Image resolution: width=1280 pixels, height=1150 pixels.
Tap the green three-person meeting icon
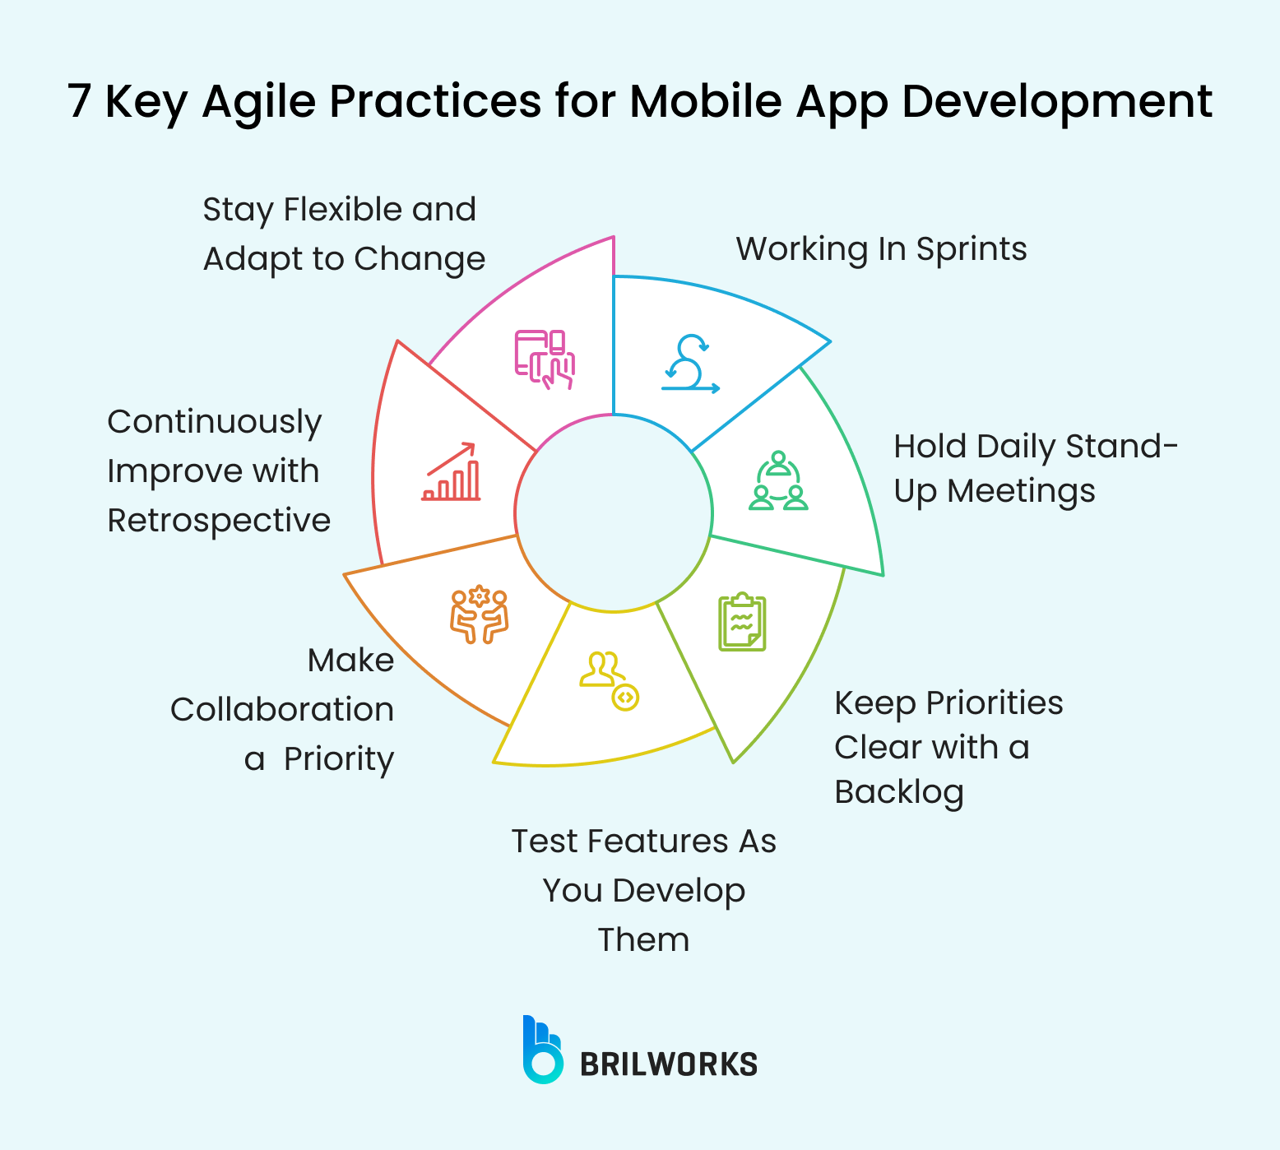coord(778,482)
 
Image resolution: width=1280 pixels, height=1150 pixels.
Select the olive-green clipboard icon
coord(742,622)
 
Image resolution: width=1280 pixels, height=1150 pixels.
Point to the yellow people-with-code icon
coord(609,680)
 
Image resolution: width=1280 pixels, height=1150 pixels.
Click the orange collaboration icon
coord(479,614)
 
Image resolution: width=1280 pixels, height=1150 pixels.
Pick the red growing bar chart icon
coord(452,472)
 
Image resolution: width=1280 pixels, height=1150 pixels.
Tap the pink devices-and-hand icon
coord(545,359)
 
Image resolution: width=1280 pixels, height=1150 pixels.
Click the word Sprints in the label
coord(972,249)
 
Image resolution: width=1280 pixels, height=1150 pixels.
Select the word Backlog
coord(898,792)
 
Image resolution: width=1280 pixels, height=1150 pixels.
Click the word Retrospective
coord(219,521)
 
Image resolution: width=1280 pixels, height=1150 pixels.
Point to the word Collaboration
coord(282,710)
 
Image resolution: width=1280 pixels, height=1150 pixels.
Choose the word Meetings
coord(1021,491)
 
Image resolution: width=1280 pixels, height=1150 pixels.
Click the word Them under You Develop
coord(643,940)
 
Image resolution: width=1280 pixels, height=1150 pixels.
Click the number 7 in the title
coord(79,102)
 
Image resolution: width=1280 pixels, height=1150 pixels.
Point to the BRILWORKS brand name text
coord(669,1064)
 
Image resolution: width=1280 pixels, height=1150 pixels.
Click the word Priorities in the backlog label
coord(995,703)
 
